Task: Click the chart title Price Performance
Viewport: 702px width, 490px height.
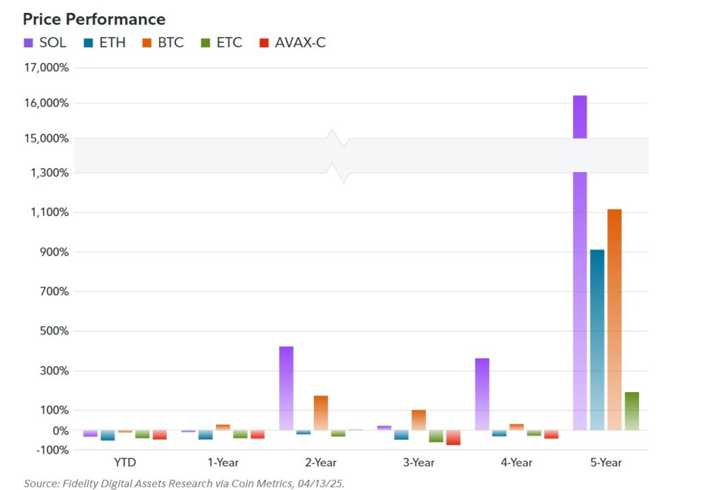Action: [x=94, y=19]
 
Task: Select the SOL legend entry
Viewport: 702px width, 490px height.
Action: [x=45, y=42]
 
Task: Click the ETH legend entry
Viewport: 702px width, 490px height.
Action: [x=104, y=42]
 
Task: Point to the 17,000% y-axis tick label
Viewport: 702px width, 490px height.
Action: [x=46, y=68]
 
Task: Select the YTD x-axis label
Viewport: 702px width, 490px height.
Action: [x=125, y=463]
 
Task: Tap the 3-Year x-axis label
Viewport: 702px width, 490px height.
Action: [x=418, y=463]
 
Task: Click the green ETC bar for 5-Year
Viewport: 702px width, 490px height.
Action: [x=632, y=411]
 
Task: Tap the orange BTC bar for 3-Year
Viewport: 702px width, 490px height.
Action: [x=418, y=419]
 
